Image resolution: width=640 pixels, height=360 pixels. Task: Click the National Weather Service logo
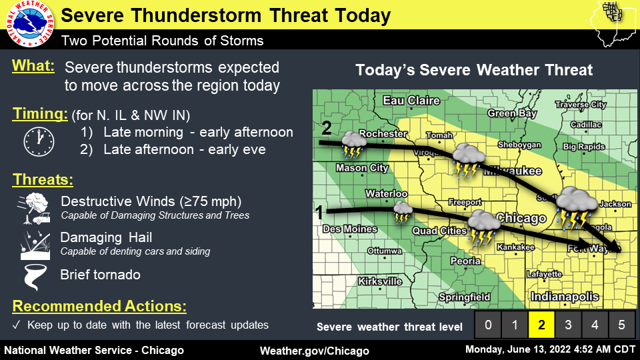[29, 25]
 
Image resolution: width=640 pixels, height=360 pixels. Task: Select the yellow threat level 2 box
[542, 325]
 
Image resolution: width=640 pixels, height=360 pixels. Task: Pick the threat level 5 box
[621, 325]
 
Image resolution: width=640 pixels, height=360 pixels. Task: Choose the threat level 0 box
[488, 325]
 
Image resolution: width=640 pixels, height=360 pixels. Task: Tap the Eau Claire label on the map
[411, 101]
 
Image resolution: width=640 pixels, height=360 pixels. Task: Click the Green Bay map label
[511, 113]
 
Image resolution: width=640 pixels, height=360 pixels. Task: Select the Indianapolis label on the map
[565, 297]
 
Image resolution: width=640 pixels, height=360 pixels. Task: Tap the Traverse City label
[581, 105]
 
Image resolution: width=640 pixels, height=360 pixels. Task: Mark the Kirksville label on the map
[379, 281]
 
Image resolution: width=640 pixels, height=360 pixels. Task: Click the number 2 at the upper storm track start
[325, 127]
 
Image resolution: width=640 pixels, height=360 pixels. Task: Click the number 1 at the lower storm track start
[319, 213]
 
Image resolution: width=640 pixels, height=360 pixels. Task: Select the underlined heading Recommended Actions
[99, 307]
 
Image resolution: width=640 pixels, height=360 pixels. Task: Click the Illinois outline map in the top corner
[615, 23]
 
